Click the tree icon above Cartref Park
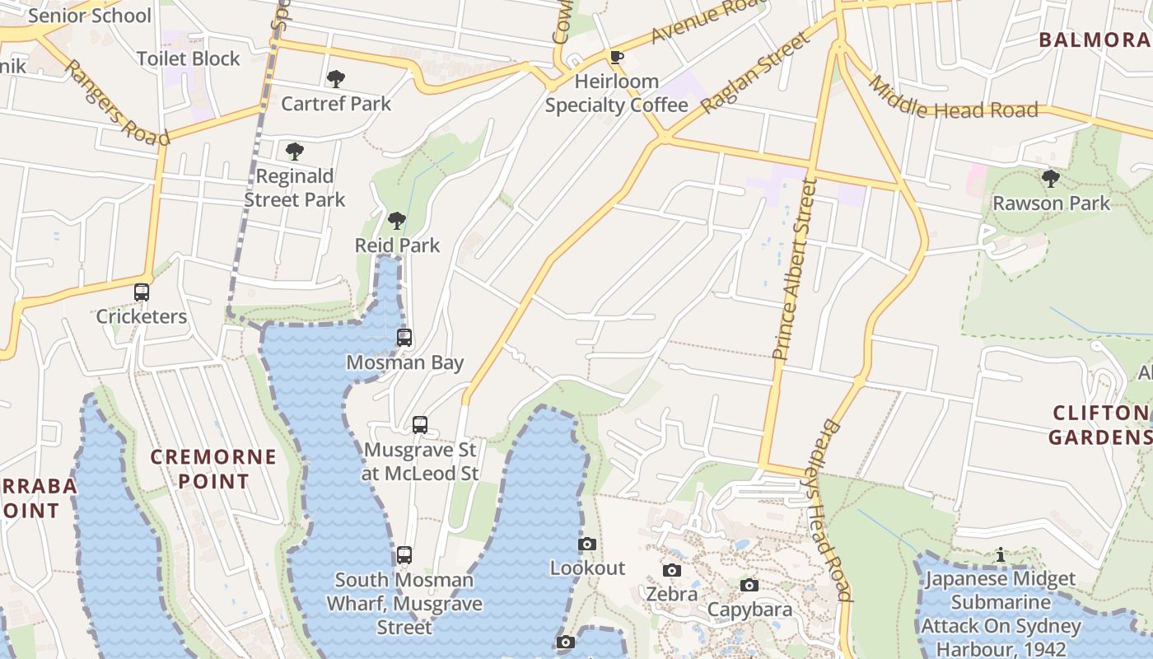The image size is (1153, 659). click(335, 80)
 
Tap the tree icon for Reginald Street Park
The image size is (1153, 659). click(294, 152)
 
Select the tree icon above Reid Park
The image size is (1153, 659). click(397, 221)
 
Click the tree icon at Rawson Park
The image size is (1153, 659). click(1050, 179)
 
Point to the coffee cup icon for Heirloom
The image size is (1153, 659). click(616, 57)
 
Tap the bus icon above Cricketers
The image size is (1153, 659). click(142, 292)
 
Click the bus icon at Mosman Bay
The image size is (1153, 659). click(404, 338)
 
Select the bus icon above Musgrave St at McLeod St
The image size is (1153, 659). click(420, 425)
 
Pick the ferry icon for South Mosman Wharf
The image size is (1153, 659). click(404, 555)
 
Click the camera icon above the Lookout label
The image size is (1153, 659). click(587, 544)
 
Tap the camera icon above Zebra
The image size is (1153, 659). click(672, 570)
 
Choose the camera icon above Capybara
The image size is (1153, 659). click(749, 585)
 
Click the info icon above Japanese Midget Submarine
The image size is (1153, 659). click(1000, 555)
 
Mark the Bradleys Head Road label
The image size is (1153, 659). click(835, 511)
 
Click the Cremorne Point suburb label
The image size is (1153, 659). click(214, 469)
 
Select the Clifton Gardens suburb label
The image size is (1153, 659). click(1100, 424)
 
